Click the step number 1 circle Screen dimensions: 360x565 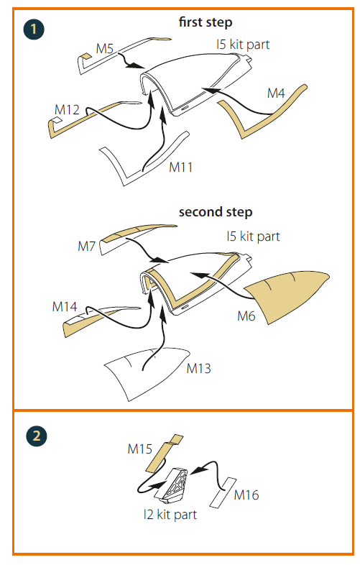[34, 29]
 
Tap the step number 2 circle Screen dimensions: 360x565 [37, 436]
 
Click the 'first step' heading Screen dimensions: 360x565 [206, 22]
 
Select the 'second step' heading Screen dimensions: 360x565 [216, 212]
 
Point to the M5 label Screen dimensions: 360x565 [104, 48]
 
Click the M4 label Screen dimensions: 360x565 [276, 93]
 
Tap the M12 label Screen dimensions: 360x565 [67, 109]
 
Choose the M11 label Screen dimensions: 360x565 [181, 167]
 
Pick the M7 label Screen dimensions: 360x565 [86, 247]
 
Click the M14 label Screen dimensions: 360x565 [65, 307]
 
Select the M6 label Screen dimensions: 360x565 [246, 316]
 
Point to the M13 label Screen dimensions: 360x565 [198, 368]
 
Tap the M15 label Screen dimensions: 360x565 [140, 449]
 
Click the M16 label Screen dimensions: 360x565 [246, 495]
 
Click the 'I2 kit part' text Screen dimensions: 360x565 [170, 515]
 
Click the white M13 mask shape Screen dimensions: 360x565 [144, 375]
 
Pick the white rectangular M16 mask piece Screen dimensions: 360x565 [223, 492]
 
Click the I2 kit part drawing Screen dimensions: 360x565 [172, 484]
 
